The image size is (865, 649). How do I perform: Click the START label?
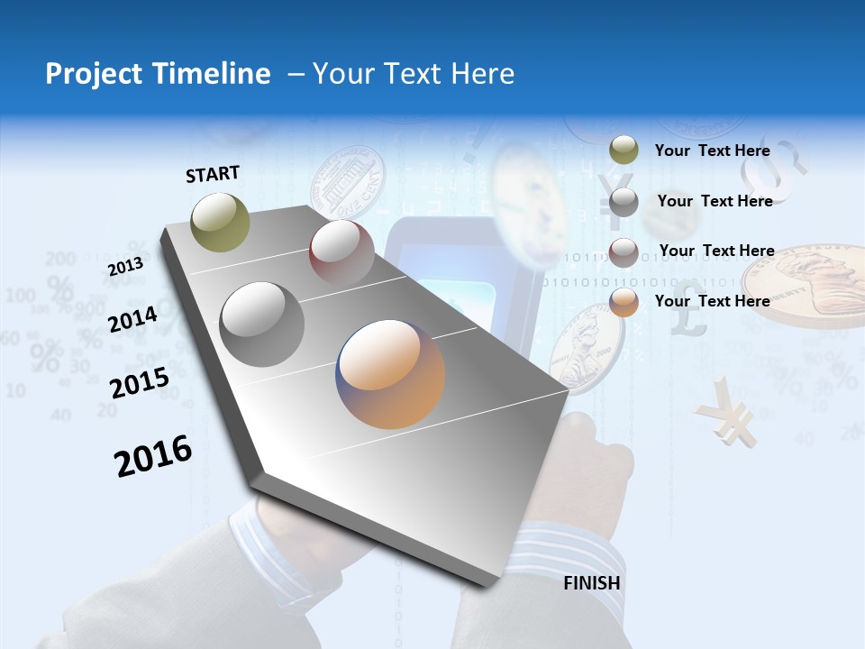[213, 173]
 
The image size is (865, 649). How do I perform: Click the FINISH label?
[592, 583]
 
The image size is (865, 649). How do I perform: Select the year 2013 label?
[125, 267]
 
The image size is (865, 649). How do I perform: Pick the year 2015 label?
[140, 382]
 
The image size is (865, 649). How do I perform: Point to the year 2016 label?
[153, 456]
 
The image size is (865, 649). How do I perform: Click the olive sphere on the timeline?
[221, 222]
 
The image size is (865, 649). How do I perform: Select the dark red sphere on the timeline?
[341, 251]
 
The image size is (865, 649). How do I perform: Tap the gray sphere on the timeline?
[261, 324]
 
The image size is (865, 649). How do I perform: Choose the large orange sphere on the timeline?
[391, 374]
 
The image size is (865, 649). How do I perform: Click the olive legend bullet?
[624, 151]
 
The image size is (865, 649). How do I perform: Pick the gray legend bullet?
[624, 202]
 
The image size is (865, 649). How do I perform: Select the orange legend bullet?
[624, 302]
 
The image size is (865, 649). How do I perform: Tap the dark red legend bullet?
[624, 252]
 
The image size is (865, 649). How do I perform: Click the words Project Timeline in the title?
[158, 74]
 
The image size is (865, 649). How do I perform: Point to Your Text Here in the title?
[414, 74]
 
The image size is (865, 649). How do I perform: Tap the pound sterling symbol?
[689, 316]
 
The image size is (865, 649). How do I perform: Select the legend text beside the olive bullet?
[712, 151]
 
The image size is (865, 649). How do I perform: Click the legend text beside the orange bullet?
[712, 301]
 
